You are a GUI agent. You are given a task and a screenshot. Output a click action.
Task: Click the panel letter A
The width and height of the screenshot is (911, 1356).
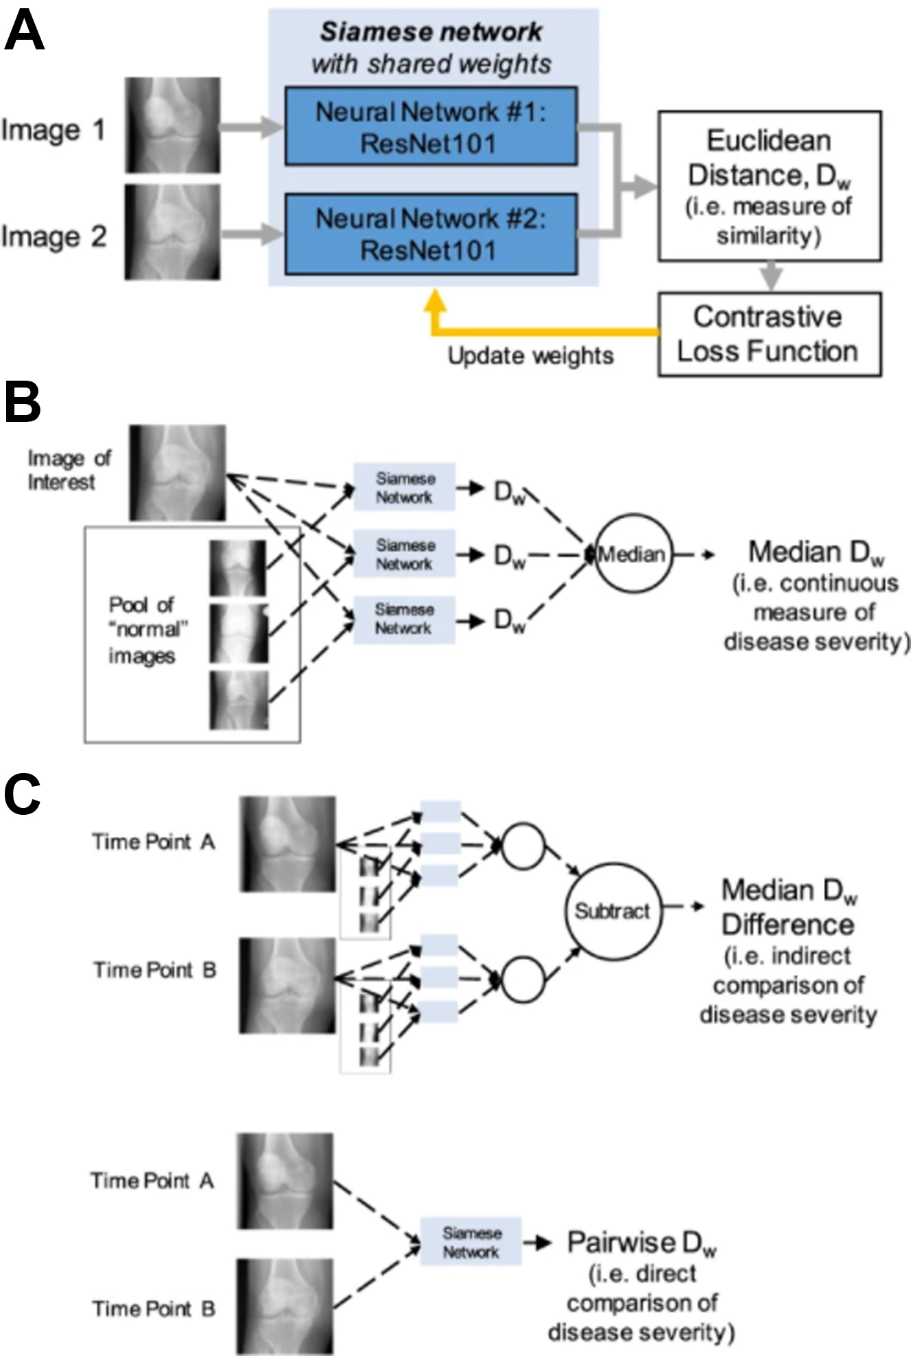(24, 32)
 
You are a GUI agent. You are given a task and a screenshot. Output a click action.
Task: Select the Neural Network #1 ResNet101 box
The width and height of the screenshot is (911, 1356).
(431, 126)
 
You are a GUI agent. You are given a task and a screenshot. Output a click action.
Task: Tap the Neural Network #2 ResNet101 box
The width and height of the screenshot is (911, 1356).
(431, 234)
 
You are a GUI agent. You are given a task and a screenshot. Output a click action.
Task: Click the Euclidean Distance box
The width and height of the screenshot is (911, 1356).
(769, 186)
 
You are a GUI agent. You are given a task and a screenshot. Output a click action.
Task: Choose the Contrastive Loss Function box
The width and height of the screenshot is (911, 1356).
(769, 334)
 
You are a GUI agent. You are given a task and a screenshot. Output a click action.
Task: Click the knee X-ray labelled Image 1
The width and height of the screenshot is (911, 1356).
(172, 125)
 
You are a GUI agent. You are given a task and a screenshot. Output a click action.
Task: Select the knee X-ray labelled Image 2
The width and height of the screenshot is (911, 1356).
(172, 233)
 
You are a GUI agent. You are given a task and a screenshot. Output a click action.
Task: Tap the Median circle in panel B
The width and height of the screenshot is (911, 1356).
(631, 554)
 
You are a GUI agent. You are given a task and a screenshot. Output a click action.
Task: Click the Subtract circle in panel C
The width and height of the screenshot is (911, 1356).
(613, 911)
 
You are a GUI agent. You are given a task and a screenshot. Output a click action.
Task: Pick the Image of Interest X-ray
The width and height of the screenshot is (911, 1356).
(177, 473)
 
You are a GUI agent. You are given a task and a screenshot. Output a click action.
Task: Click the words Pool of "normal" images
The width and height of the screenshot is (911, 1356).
(142, 630)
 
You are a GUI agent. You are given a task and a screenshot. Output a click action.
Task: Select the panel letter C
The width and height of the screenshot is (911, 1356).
(22, 795)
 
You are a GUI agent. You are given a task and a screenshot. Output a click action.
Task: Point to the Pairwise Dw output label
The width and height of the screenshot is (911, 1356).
(641, 1242)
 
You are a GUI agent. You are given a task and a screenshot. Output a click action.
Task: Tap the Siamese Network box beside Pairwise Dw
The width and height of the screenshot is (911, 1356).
(471, 1242)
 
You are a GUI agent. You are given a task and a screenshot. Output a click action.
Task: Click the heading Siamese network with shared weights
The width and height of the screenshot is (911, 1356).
(431, 48)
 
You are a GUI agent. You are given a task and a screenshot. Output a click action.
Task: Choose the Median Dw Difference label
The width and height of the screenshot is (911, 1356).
(788, 907)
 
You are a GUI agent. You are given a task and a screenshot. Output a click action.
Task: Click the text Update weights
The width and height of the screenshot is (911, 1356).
(530, 356)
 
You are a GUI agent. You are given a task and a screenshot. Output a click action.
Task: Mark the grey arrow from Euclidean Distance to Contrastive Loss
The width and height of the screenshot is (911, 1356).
(772, 276)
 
